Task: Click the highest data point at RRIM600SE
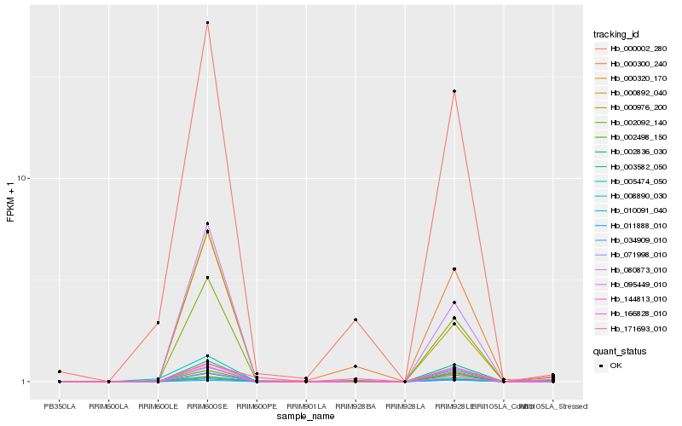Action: click(x=207, y=22)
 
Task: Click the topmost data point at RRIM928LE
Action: click(x=454, y=91)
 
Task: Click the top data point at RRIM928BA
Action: click(x=355, y=319)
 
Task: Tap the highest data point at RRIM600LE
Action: click(x=158, y=323)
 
